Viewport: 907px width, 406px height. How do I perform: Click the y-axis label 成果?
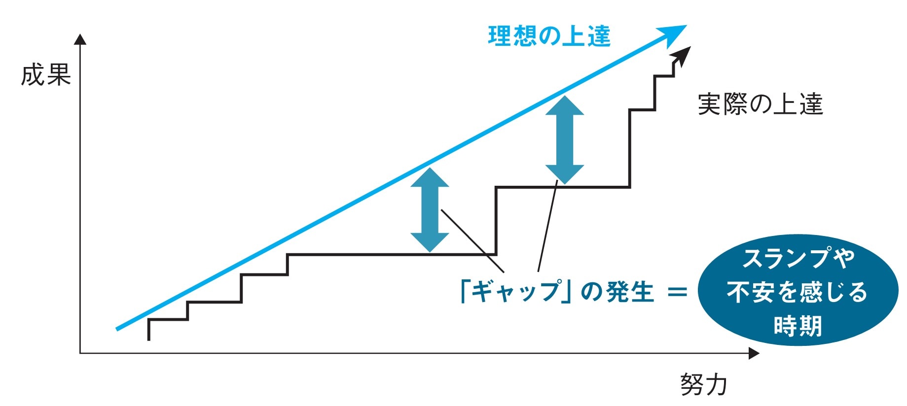click(x=46, y=75)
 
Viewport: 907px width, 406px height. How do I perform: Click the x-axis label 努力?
click(x=703, y=384)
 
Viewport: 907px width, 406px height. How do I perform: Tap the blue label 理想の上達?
click(x=549, y=36)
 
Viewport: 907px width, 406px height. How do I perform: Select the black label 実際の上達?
click(x=760, y=104)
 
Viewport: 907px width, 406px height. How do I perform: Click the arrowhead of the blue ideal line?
click(x=676, y=34)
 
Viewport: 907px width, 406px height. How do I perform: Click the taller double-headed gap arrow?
click(x=564, y=140)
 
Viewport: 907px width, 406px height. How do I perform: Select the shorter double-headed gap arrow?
click(x=430, y=210)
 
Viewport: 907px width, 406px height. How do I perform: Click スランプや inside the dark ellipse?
click(x=798, y=259)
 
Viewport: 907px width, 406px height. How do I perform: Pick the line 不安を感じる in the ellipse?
click(x=797, y=292)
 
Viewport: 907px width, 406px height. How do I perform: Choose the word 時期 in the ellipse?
click(x=797, y=326)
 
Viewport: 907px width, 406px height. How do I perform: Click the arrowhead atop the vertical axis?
click(x=80, y=39)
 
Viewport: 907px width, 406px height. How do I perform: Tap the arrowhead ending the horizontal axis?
click(x=753, y=353)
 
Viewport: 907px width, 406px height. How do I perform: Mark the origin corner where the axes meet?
click(x=80, y=353)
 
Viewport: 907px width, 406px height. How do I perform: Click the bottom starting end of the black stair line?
click(x=149, y=339)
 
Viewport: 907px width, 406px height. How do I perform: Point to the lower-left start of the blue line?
click(x=117, y=329)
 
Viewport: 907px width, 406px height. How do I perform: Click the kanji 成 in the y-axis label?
click(x=33, y=75)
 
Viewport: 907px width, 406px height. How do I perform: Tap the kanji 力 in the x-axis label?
click(x=716, y=384)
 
